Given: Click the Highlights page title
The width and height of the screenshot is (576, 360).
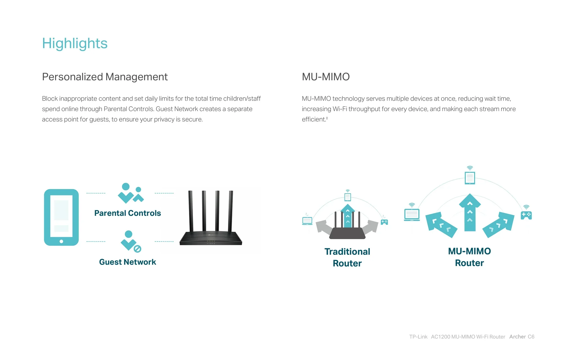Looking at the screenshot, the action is click(x=75, y=44).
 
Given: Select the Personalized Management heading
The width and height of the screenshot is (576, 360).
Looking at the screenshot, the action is click(x=105, y=77).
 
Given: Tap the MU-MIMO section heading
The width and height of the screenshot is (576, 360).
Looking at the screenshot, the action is click(x=326, y=77).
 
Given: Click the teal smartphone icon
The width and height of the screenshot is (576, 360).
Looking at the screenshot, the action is click(x=61, y=217).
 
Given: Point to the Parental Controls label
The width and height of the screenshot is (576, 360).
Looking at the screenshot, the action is click(x=128, y=213).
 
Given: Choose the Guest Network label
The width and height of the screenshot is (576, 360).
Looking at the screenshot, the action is click(x=127, y=262).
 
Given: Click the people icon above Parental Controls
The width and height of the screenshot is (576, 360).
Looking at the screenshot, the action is click(x=131, y=193).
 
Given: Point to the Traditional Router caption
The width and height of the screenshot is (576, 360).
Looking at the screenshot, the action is click(x=347, y=257).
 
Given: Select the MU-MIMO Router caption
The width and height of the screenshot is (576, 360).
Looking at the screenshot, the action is click(x=469, y=257).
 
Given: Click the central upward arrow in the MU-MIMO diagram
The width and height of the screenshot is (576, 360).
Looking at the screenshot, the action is click(x=470, y=212).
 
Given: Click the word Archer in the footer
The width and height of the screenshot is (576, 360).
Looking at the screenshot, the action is click(x=517, y=337).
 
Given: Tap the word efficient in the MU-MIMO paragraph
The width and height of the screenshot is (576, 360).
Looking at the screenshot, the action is click(x=314, y=120).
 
